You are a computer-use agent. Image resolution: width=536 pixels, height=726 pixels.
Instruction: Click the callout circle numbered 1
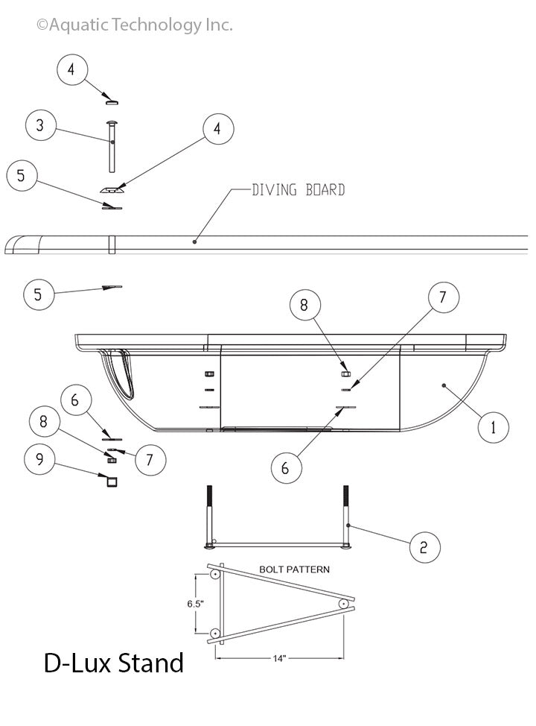click(494, 428)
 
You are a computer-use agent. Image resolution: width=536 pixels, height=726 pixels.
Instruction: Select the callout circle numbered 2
click(424, 547)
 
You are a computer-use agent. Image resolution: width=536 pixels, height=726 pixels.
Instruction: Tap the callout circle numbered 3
click(40, 126)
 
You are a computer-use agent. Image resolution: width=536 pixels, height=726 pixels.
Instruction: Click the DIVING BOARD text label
click(298, 190)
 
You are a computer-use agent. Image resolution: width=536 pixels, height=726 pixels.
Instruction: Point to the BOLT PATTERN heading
click(294, 569)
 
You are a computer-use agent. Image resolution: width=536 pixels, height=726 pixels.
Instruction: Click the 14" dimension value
click(279, 658)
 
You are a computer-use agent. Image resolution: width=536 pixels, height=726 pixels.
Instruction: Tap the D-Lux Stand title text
click(113, 662)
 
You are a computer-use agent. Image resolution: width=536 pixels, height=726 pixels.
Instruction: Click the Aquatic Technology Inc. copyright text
click(135, 25)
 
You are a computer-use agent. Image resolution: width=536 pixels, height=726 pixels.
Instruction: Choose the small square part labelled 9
click(112, 482)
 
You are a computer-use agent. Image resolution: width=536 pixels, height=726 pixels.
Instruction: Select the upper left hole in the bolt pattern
click(215, 575)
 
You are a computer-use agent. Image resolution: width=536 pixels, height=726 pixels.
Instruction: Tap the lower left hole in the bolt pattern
click(215, 633)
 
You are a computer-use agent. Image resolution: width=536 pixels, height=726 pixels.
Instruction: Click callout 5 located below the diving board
click(39, 294)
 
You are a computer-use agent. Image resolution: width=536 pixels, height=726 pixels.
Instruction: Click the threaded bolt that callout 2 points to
click(346, 518)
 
